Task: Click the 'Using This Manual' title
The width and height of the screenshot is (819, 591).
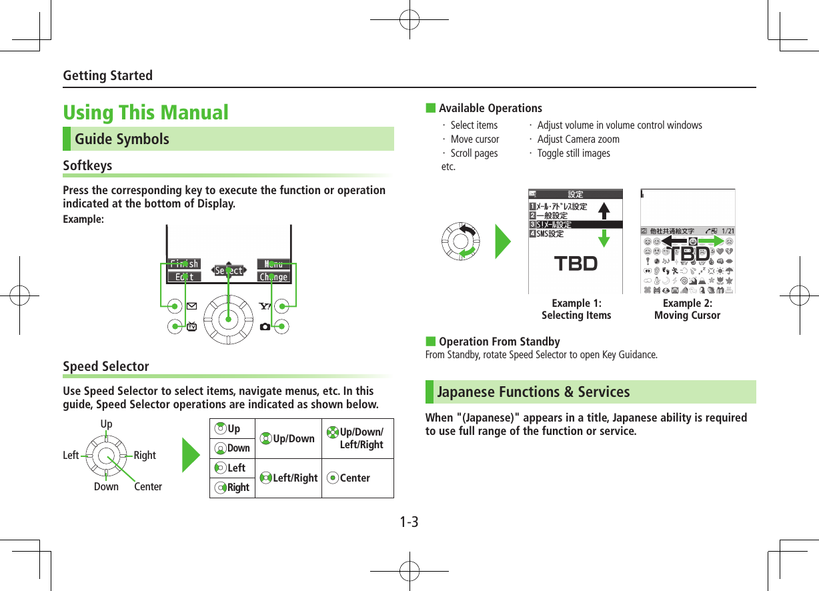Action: coord(145,112)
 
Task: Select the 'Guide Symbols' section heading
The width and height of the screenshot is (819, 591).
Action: coord(122,139)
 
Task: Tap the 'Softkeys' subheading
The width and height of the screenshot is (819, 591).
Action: coord(87,165)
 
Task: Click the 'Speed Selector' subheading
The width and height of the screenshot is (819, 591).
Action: coord(106,366)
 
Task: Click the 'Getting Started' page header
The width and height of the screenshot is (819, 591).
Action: coord(107,75)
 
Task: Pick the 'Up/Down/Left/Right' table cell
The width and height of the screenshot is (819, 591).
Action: coord(357,439)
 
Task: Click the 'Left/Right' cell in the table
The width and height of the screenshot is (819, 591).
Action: coord(289,478)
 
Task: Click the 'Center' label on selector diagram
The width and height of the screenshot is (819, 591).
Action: coord(148,487)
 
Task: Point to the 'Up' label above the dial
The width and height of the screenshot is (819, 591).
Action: coord(106,424)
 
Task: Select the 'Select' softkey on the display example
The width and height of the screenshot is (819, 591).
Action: coord(229,271)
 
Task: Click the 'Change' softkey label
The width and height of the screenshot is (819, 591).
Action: coord(273,277)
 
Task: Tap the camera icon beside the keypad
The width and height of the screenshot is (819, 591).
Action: coord(265,326)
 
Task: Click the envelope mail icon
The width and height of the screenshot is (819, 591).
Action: coord(192,307)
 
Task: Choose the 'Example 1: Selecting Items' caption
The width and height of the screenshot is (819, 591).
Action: coord(576,310)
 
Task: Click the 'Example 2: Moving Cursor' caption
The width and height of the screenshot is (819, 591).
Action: coord(687,310)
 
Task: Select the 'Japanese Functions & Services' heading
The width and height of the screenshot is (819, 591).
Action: coord(533,392)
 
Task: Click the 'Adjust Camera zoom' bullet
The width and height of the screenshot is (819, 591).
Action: coord(578,139)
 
